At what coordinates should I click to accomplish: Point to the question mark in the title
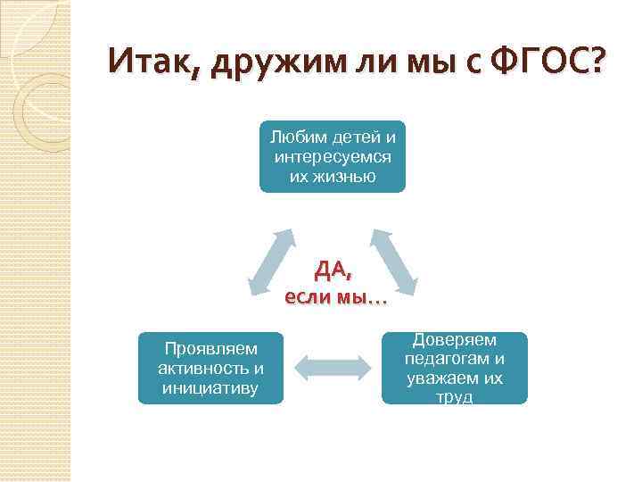tap(595, 62)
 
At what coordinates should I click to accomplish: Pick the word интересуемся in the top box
tap(333, 157)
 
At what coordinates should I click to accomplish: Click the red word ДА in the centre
tap(333, 270)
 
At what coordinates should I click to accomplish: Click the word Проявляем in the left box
tap(210, 348)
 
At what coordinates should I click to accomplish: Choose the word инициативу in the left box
tap(210, 387)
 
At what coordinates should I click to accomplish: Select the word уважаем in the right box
tap(441, 378)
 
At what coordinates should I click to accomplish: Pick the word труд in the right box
tap(455, 397)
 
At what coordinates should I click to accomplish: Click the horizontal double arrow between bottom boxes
tap(333, 368)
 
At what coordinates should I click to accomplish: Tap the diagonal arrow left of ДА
tap(272, 261)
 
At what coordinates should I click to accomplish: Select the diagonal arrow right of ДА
tap(392, 261)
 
